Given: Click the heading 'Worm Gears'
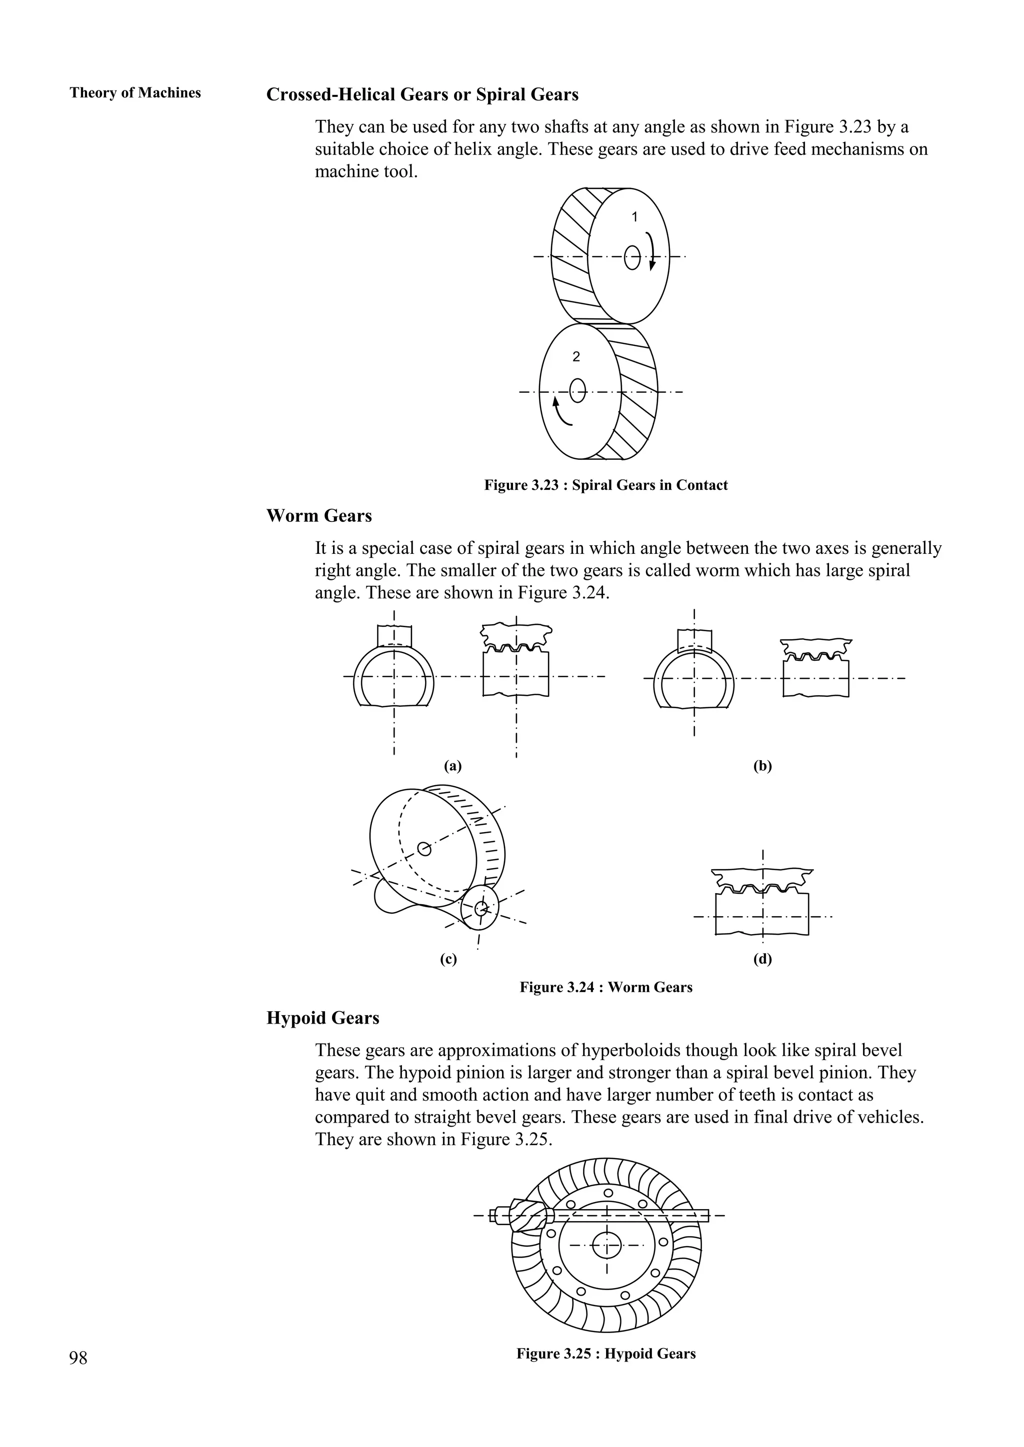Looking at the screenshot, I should [x=319, y=516].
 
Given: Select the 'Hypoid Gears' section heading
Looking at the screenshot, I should [x=323, y=1018].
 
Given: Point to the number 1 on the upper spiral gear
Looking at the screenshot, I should [x=634, y=217].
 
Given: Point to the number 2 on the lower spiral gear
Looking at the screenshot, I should [x=575, y=357].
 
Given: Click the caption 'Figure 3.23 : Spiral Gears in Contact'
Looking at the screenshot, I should [x=605, y=485].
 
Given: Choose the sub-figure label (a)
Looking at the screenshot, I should [x=452, y=766].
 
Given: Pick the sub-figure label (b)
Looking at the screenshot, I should [x=762, y=766].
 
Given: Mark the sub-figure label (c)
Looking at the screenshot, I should [x=448, y=959].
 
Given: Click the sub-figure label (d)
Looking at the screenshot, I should [x=762, y=959].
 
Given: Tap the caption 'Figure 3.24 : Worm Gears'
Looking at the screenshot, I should [x=605, y=988].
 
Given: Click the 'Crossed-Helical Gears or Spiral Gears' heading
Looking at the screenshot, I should [x=422, y=94].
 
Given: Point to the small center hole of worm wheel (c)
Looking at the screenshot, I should [x=425, y=849].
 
